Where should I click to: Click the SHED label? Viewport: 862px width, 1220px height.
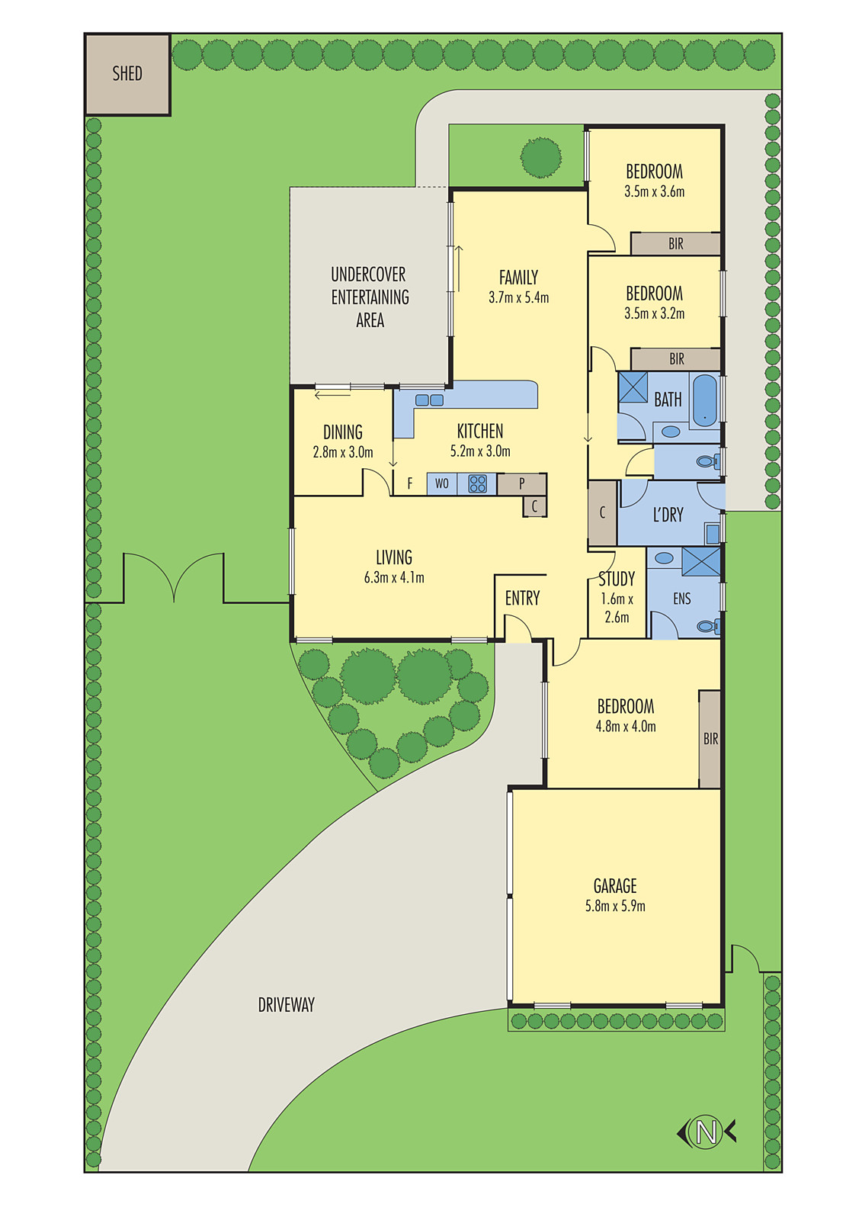(127, 73)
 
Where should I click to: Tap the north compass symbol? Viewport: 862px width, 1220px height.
(707, 1131)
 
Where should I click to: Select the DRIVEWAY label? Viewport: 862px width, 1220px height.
(286, 1005)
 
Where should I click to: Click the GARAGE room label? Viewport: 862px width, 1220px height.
(615, 886)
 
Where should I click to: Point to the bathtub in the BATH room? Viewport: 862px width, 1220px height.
(705, 400)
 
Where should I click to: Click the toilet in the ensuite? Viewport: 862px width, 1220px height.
(708, 626)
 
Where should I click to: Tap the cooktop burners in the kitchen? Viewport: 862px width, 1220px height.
(478, 483)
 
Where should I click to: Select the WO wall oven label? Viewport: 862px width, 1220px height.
(442, 483)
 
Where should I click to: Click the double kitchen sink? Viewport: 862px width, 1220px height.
(429, 400)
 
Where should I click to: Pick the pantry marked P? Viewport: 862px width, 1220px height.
(521, 483)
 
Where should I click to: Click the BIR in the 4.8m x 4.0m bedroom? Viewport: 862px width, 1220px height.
(710, 739)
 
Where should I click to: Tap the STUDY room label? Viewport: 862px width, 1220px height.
(617, 579)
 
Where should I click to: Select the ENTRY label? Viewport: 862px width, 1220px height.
(522, 599)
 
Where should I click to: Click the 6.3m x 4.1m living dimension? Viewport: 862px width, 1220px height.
(394, 578)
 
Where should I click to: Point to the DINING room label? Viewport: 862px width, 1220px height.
(343, 432)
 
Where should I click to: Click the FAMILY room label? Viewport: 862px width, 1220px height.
(518, 278)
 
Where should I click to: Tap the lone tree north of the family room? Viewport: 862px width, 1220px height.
(541, 157)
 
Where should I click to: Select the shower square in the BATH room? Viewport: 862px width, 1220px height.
(633, 387)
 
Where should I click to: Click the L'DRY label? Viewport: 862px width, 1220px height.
(668, 515)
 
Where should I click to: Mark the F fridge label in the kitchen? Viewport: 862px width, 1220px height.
(410, 483)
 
